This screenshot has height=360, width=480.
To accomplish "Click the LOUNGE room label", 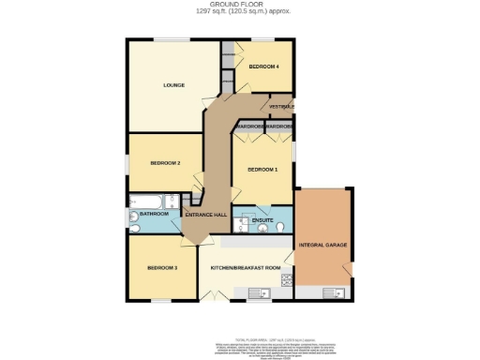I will [x=173, y=85].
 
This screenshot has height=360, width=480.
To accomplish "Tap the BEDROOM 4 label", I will [x=264, y=67].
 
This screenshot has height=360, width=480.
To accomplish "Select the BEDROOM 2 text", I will [x=165, y=163].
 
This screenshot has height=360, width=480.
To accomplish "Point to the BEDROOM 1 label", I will [x=262, y=170].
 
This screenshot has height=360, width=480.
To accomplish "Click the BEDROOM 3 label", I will [x=162, y=268].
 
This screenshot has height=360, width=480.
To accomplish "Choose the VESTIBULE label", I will [x=282, y=107].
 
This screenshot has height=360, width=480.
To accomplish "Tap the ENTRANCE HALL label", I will [x=205, y=215].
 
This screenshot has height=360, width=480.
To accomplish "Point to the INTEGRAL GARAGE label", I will [x=322, y=245].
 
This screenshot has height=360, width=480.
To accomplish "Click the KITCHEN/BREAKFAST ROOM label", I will [x=246, y=268].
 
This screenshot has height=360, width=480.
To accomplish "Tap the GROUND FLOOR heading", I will [x=241, y=4].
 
